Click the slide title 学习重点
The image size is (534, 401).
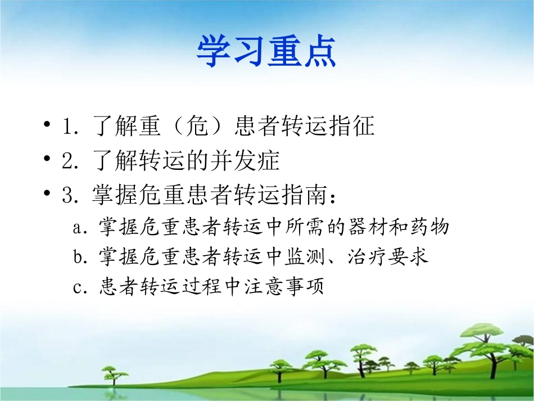pyautogui.click(x=266, y=52)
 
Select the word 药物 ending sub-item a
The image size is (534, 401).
pyautogui.click(x=433, y=227)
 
